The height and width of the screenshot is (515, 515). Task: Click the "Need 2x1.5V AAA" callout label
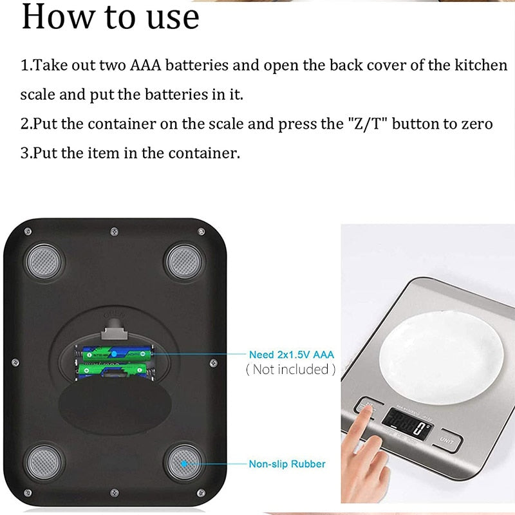pos(292,355)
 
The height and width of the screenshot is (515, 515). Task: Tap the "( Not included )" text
pos(290,369)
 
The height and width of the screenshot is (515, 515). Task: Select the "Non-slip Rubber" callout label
pos(287,464)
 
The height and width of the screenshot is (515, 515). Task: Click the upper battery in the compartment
pos(115,353)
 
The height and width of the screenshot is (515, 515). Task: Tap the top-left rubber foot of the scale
pos(45,261)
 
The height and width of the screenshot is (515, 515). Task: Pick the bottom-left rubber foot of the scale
pos(45,460)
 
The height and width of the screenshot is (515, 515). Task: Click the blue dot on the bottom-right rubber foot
pos(184,462)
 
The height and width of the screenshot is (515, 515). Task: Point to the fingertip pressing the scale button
pos(367,412)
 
